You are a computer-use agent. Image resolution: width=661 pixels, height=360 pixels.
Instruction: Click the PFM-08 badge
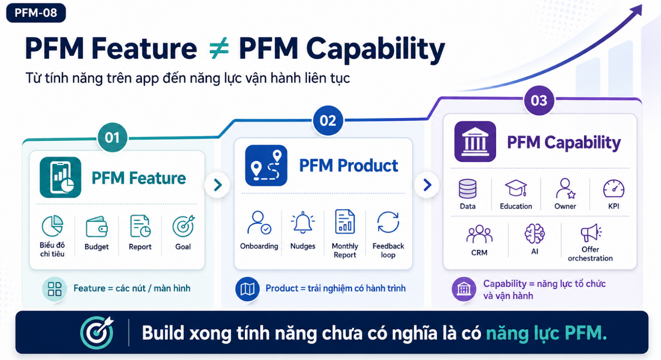[x=36, y=13]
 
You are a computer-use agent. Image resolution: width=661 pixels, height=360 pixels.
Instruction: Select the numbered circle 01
[x=112, y=138]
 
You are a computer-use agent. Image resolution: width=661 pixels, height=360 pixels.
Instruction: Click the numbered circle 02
[x=328, y=120]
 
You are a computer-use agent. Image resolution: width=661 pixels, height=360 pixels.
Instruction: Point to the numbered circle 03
[x=539, y=100]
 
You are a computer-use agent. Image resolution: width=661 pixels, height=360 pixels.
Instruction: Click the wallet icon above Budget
[x=96, y=227]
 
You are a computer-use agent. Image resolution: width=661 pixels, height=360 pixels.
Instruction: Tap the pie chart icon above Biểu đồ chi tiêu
[x=53, y=226]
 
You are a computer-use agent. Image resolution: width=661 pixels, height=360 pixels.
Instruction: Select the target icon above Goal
[x=184, y=226]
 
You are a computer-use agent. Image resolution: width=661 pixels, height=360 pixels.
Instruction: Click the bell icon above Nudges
[x=303, y=222]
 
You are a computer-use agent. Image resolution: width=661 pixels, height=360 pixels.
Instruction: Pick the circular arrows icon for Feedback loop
[x=388, y=222]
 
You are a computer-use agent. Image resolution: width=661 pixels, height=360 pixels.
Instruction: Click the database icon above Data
[x=467, y=189]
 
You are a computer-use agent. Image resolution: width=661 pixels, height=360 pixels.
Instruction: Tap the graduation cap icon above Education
[x=516, y=188]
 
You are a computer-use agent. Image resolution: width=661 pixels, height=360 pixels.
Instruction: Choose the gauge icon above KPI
[x=614, y=188]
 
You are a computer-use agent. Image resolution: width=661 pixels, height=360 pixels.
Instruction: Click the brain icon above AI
[x=535, y=233]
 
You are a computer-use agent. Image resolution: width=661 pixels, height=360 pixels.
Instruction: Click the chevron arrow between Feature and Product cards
[x=217, y=185]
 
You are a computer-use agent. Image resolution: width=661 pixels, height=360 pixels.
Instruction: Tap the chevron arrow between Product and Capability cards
[x=427, y=185]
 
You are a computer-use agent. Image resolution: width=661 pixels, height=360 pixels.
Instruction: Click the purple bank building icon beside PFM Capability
[x=475, y=141]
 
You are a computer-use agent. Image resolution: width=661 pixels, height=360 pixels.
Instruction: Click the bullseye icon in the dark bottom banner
[x=97, y=332]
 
